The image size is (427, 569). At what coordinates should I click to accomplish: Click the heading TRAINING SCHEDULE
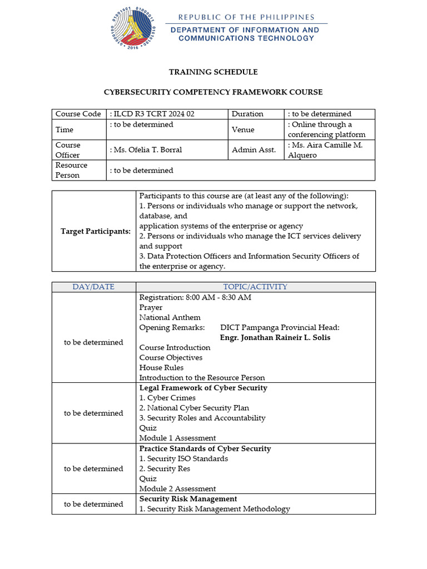coord(213,72)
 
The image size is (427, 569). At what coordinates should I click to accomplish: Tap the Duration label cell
coord(247,114)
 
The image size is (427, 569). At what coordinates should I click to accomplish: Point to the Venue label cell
coord(243,129)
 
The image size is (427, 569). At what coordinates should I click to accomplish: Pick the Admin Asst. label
coord(254,150)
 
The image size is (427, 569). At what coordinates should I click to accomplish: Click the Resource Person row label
coord(71,170)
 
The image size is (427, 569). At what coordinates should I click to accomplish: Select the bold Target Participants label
coord(96,231)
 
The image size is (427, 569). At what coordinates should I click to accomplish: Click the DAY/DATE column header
coord(93,287)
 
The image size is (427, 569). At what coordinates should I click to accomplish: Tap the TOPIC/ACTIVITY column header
coord(255,287)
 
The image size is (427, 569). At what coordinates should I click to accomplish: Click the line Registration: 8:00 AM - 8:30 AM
coord(195,297)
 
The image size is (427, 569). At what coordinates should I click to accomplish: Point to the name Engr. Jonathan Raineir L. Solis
coord(275,338)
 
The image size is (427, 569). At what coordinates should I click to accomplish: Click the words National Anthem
coord(170,317)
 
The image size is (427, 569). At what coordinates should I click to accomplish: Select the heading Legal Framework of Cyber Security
coord(203,388)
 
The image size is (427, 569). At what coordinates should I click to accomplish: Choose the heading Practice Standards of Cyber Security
coord(205,448)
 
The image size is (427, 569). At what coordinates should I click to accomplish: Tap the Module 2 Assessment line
coord(177,488)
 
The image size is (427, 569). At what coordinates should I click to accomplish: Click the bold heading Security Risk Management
coord(188,499)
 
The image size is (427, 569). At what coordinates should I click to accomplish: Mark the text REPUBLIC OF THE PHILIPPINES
coord(246,17)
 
